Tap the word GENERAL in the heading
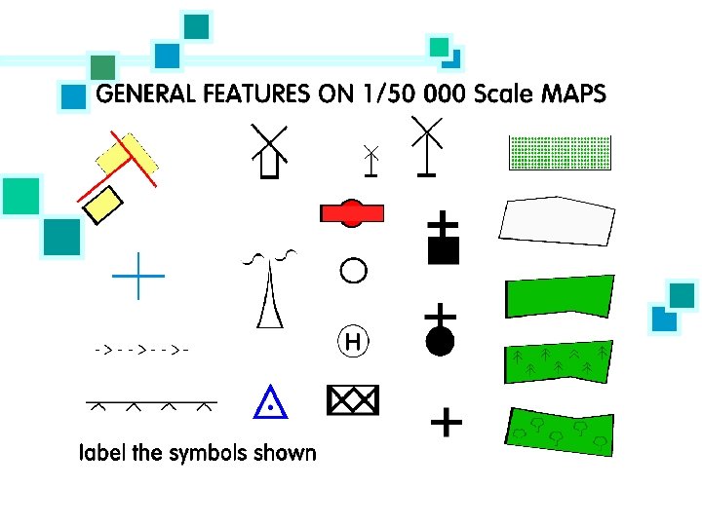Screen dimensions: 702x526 pyautogui.click(x=142, y=94)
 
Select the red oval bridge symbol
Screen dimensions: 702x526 pyautogui.click(x=351, y=213)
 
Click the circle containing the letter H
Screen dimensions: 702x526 pyautogui.click(x=353, y=341)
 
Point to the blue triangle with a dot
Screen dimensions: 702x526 pyautogui.click(x=269, y=402)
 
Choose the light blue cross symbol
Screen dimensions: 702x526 pyautogui.click(x=138, y=276)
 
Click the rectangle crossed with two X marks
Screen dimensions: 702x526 pyautogui.click(x=353, y=399)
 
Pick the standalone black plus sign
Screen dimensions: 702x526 pyautogui.click(x=446, y=423)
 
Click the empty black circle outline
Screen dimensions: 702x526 pyautogui.click(x=353, y=268)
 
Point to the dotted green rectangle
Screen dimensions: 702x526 pyautogui.click(x=561, y=153)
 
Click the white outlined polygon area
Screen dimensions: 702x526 pyautogui.click(x=558, y=221)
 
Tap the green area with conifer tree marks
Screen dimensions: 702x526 pyautogui.click(x=559, y=361)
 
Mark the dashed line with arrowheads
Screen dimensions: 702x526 pyautogui.click(x=141, y=348)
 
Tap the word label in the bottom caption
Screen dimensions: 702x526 pyautogui.click(x=100, y=453)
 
